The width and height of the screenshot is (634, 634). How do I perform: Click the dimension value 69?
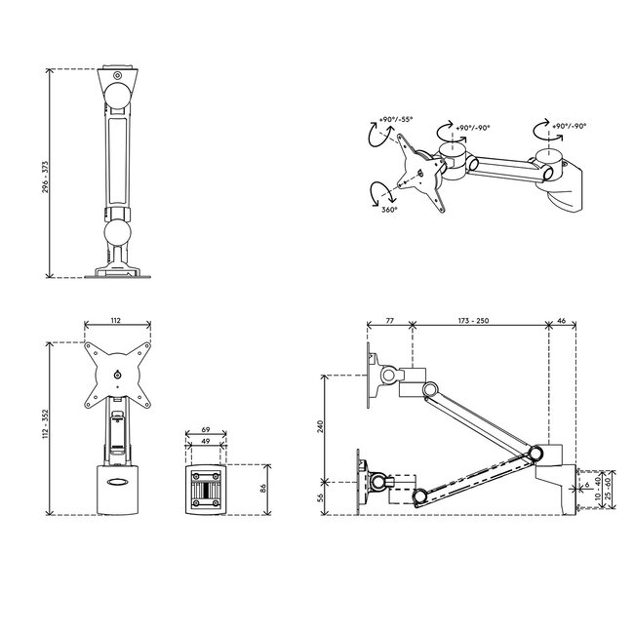[206, 430]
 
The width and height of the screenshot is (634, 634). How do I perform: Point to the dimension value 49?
[206, 442]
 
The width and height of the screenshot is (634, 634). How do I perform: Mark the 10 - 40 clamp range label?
[596, 485]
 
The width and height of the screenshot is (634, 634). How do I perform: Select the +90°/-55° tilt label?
[397, 120]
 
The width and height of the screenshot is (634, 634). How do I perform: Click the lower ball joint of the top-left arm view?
[118, 233]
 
